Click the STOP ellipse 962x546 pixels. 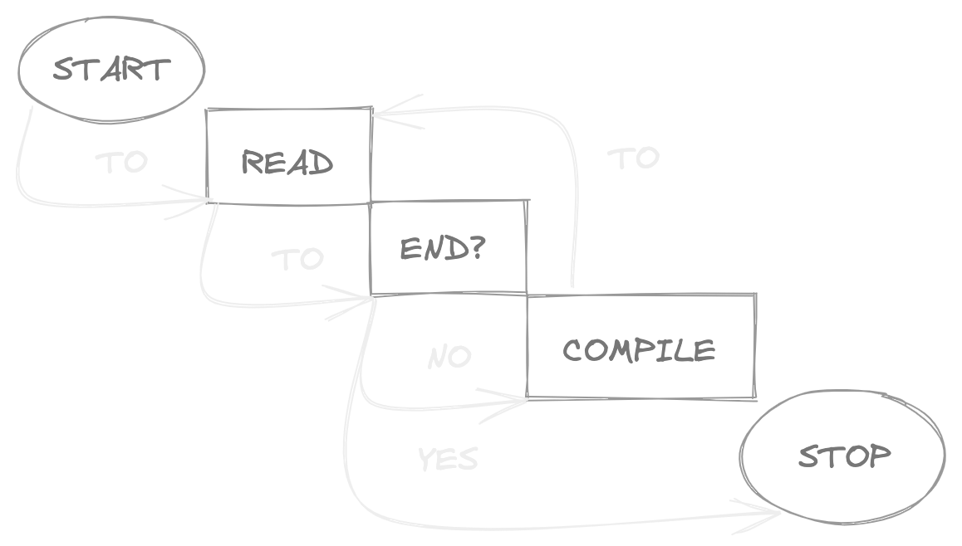(x=842, y=457)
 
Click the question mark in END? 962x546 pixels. (x=476, y=247)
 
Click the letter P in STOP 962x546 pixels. (x=879, y=456)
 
